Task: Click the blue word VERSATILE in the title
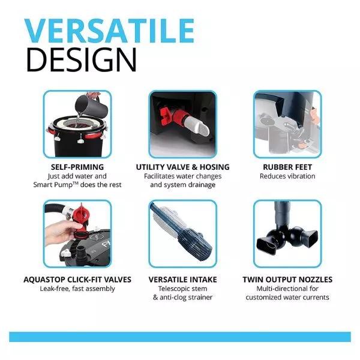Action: [x=109, y=31]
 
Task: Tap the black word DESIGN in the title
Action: [x=82, y=59]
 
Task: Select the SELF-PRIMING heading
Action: [x=77, y=167]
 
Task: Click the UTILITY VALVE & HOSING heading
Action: [x=182, y=167]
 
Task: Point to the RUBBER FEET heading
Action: [x=287, y=167]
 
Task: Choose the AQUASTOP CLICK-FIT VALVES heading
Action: [x=77, y=280]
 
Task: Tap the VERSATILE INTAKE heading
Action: [x=182, y=280]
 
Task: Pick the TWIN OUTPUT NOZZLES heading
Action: [x=287, y=280]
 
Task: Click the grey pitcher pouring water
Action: [x=91, y=107]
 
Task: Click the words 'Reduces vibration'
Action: [x=287, y=176]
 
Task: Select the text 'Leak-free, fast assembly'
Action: [x=77, y=289]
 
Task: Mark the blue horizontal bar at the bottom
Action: [x=180, y=337]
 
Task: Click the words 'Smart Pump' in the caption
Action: [x=53, y=185]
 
